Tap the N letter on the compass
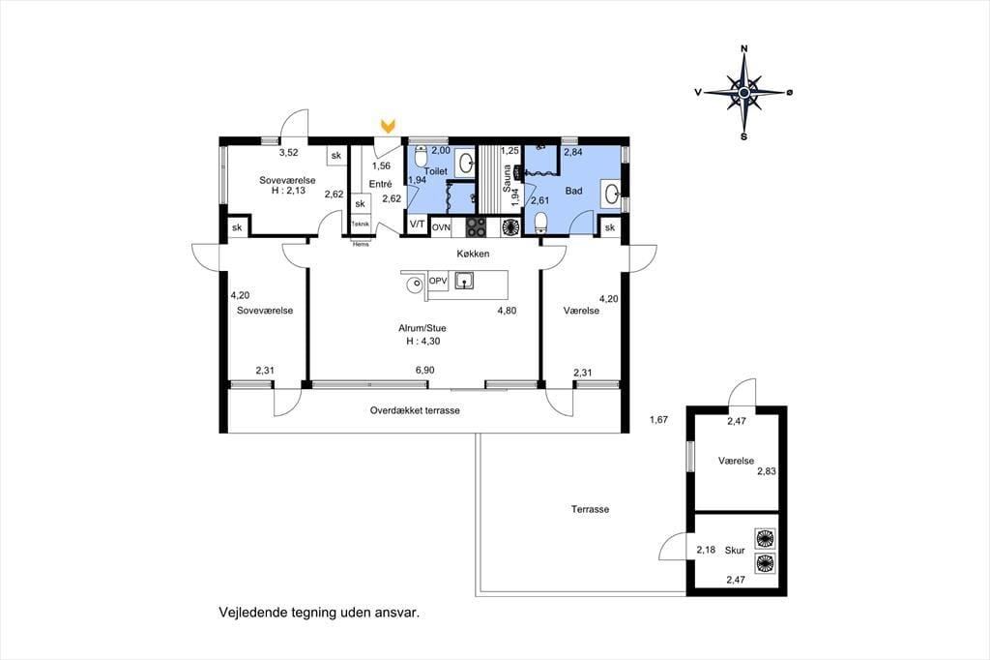(744, 48)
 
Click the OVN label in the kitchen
(441, 227)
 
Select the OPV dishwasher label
(438, 281)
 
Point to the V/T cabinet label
(417, 225)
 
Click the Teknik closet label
(361, 225)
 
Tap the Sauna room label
(507, 178)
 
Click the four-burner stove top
(476, 227)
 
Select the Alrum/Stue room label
(422, 328)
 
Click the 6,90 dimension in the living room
(425, 371)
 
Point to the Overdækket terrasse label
(415, 410)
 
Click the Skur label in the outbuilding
(735, 551)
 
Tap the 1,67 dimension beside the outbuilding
(657, 419)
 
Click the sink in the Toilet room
(466, 164)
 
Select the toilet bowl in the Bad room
(541, 223)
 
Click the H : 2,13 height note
(288, 191)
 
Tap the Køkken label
(474, 255)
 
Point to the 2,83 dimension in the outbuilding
(767, 471)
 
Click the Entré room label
(381, 184)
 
